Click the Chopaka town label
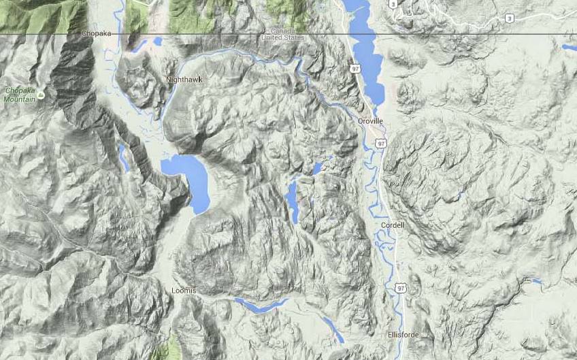pos(95,33)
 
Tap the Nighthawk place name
pos(184,80)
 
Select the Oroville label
pos(371,120)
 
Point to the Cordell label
pos(393,225)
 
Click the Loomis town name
pos(184,291)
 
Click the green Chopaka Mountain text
pos(20,95)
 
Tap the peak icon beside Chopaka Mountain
pos(41,95)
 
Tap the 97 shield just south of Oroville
pos(381,144)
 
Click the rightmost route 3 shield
pos(510,19)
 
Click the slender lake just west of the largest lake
pos(123,158)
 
